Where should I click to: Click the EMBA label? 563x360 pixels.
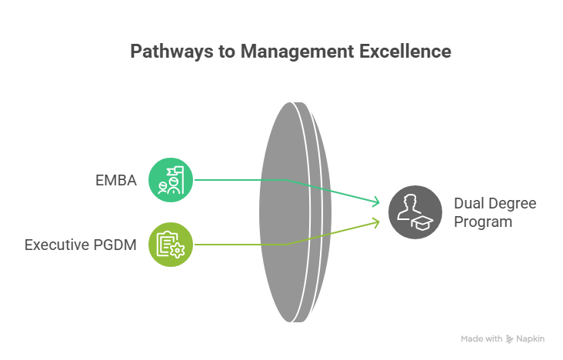[116, 181]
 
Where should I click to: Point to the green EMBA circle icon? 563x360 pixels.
[169, 181]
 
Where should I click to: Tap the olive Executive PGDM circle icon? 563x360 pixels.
[169, 246]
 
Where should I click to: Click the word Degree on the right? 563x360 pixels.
[515, 204]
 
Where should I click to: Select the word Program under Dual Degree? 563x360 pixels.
[483, 222]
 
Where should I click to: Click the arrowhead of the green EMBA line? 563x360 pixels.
[377, 202]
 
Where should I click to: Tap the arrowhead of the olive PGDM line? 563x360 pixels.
[377, 222]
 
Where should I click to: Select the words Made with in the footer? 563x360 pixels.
[481, 338]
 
